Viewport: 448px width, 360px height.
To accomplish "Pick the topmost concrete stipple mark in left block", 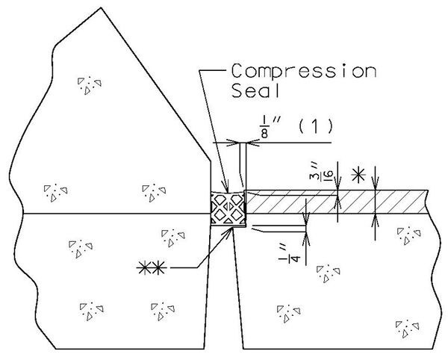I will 88,84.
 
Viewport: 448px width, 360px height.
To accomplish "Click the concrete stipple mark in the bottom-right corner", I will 406,326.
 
